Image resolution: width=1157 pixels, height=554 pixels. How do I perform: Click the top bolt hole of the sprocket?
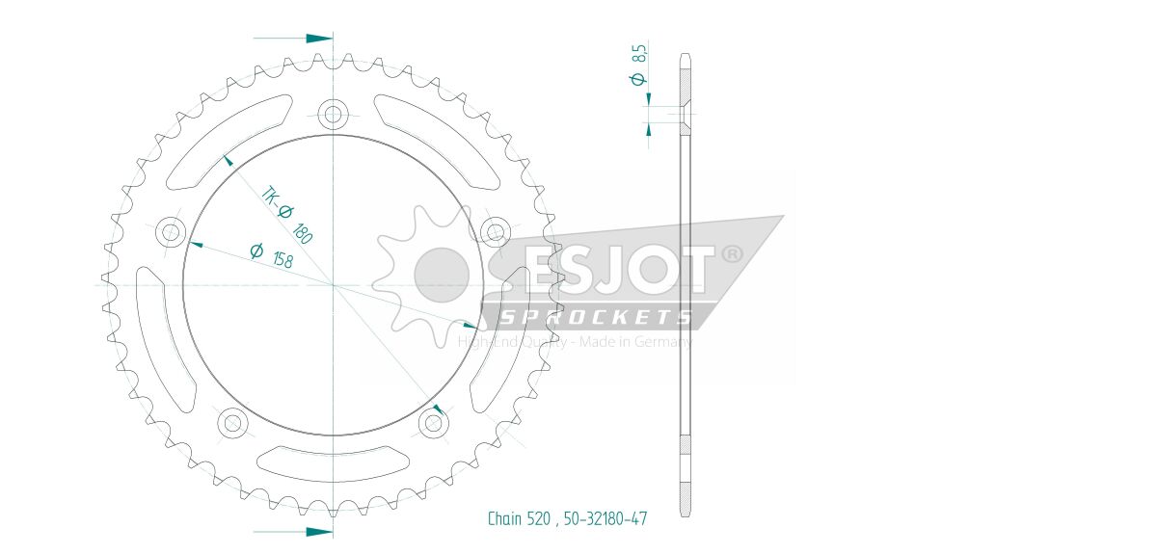(x=334, y=116)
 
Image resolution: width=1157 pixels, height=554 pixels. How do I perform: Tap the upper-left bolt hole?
(x=173, y=231)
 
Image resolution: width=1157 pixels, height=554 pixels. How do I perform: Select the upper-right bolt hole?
(x=495, y=230)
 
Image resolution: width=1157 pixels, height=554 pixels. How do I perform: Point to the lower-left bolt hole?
(x=232, y=421)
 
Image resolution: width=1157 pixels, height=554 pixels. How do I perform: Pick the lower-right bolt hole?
(x=433, y=420)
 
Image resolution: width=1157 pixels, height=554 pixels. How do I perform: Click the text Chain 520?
(x=518, y=519)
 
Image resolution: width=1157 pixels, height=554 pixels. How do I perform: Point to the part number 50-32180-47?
(x=604, y=519)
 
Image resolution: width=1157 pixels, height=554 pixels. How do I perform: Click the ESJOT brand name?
(x=617, y=271)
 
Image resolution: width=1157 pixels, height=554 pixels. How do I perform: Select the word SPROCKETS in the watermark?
(x=595, y=317)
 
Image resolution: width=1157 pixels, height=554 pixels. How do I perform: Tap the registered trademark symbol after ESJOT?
(x=733, y=254)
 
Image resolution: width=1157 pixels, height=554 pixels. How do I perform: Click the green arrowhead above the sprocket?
(x=319, y=39)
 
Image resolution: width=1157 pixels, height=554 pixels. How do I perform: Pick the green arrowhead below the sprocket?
(x=319, y=531)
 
